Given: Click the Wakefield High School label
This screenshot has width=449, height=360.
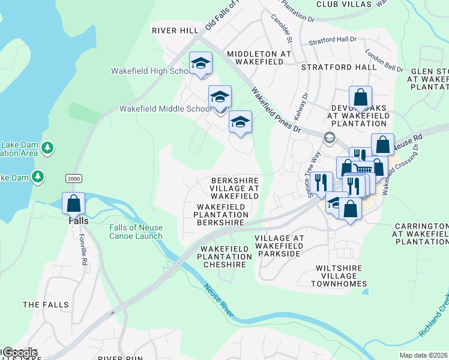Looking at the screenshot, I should pyautogui.click(x=150, y=71).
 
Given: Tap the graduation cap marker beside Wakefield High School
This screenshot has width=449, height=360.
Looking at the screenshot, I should pyautogui.click(x=201, y=63).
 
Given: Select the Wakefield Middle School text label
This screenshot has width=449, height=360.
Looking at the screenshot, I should pyautogui.click(x=166, y=109).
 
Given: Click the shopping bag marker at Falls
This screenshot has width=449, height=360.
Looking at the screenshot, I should pyautogui.click(x=74, y=203).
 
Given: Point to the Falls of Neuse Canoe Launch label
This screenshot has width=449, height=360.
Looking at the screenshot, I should pyautogui.click(x=136, y=232).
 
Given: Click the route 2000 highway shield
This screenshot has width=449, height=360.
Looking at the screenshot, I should pyautogui.click(x=73, y=179).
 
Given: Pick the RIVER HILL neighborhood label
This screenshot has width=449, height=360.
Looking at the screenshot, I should pyautogui.click(x=175, y=30).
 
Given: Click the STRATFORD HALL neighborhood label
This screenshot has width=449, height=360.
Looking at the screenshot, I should pyautogui.click(x=339, y=67).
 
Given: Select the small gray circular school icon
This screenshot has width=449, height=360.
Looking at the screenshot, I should pyautogui.click(x=329, y=137).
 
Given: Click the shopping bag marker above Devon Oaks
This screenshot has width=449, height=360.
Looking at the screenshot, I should pyautogui.click(x=360, y=97).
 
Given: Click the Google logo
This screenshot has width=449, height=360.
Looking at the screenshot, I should pyautogui.click(x=19, y=353).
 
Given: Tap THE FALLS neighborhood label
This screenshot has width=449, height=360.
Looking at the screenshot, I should pyautogui.click(x=46, y=305).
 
